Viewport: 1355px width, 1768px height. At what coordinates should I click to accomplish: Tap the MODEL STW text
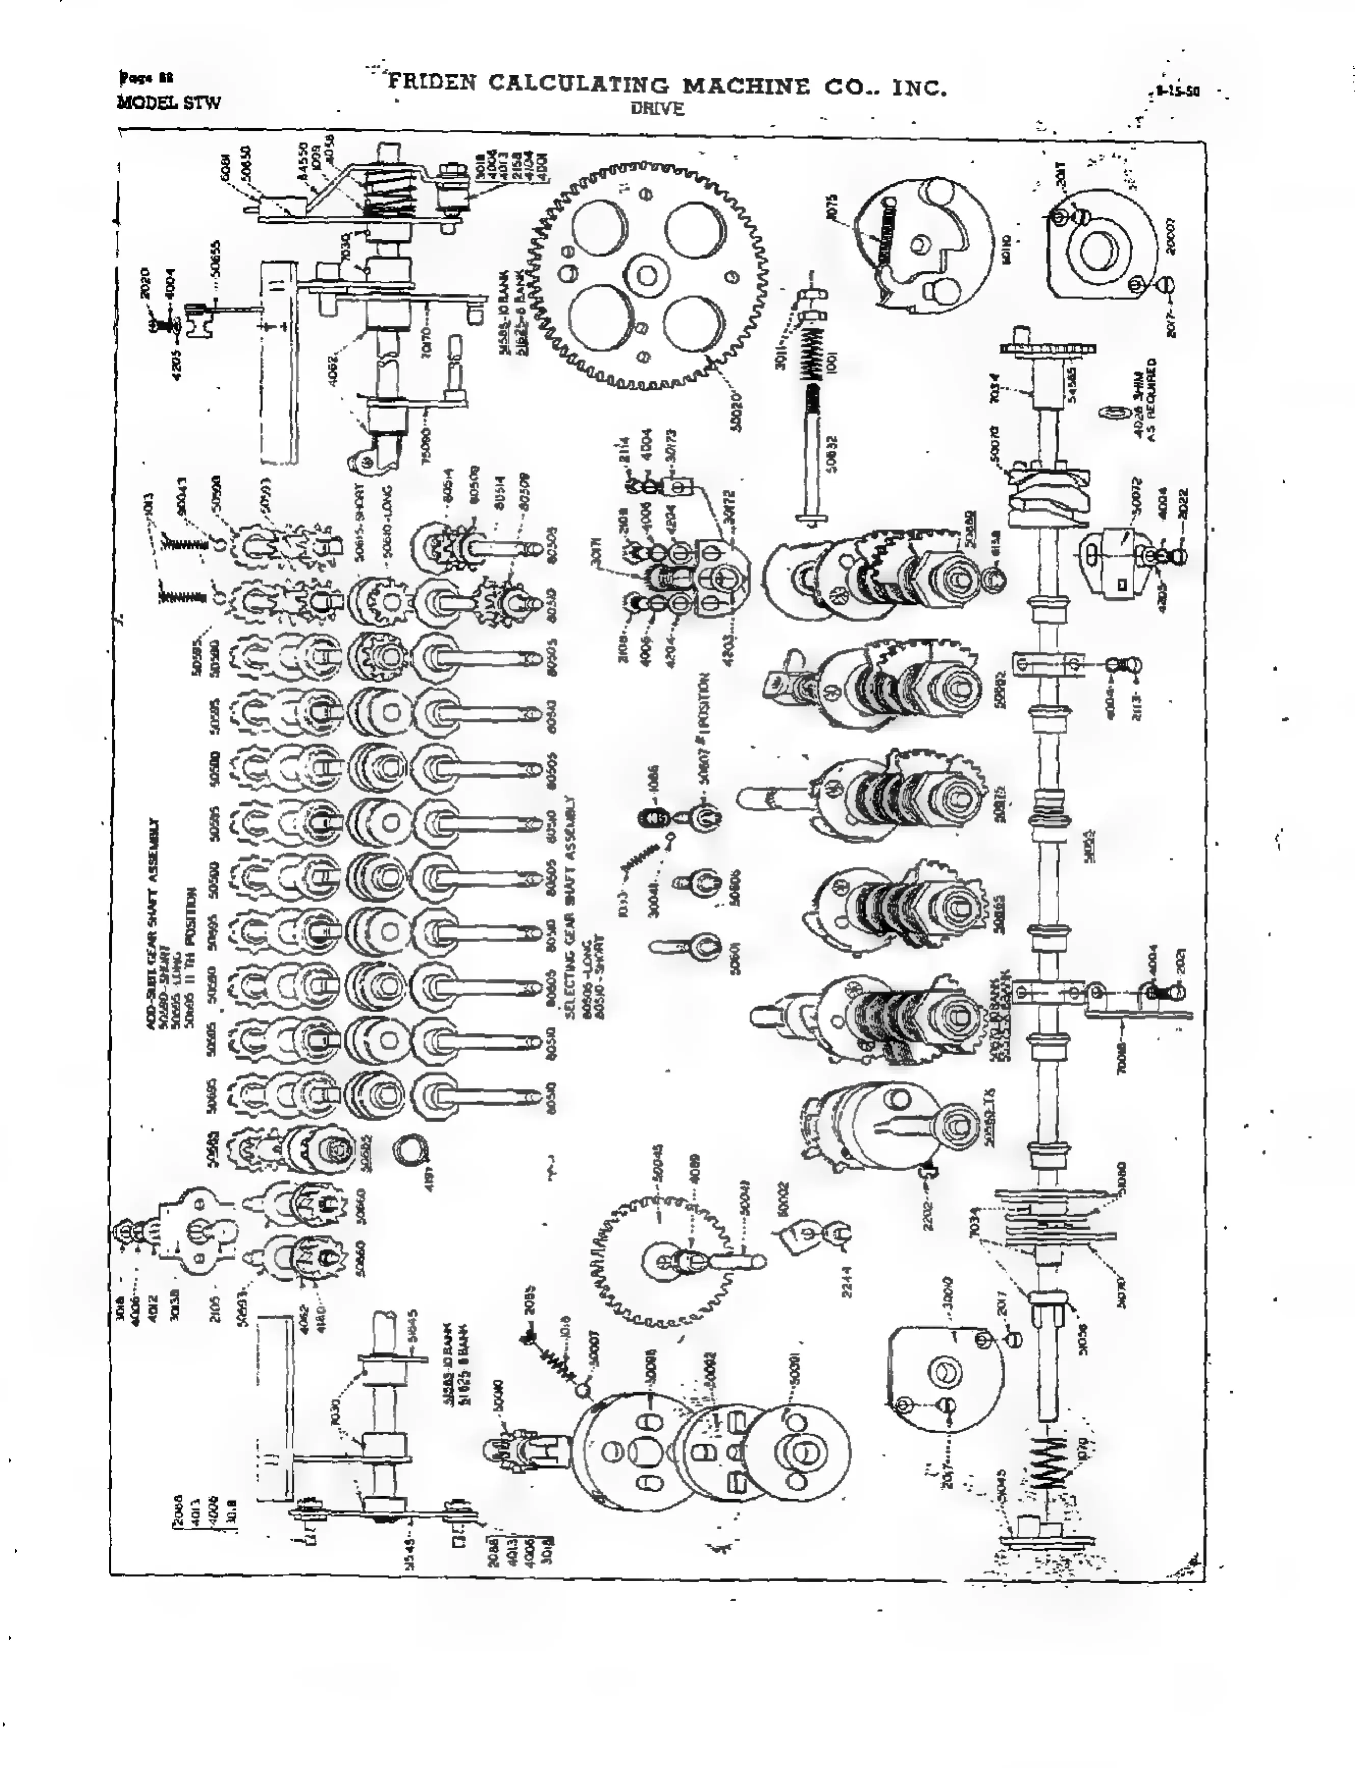169,102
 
